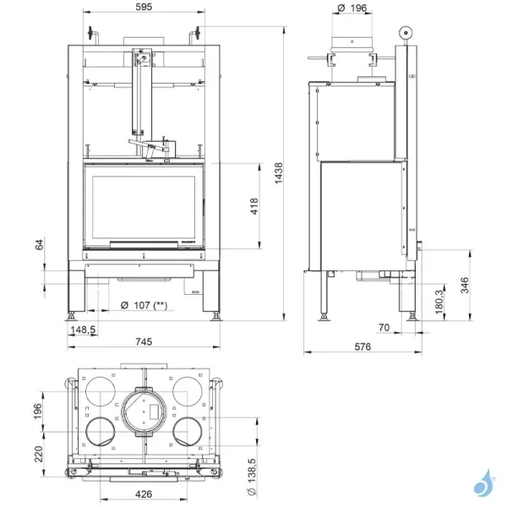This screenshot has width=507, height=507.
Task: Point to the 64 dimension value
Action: click(x=38, y=245)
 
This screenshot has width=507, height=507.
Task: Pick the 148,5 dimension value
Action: click(x=83, y=330)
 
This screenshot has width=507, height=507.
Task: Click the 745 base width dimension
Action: click(x=144, y=341)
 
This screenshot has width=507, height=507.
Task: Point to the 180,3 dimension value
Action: click(x=439, y=300)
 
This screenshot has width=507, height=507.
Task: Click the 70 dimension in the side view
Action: click(x=384, y=326)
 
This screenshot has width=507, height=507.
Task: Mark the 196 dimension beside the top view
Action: click(x=37, y=410)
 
